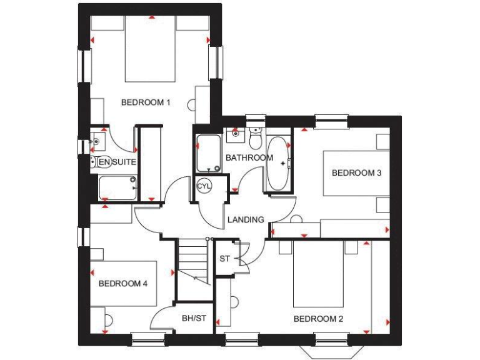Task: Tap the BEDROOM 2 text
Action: point(318,319)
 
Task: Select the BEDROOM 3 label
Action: point(356,173)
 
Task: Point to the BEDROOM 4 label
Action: point(122,284)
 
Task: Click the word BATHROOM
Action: point(249,157)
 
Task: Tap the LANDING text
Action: point(245,219)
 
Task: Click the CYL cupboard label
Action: point(204,186)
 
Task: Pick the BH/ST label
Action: point(194,319)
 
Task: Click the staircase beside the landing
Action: point(192,259)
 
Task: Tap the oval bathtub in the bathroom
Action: point(278,164)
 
